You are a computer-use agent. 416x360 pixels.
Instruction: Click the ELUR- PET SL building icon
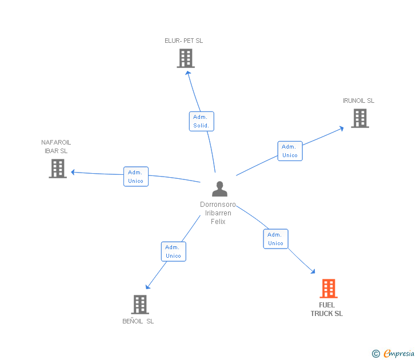coord(186,58)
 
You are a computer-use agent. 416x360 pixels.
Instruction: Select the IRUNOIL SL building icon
coord(360,118)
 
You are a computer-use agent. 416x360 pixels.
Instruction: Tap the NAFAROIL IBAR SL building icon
coord(58,169)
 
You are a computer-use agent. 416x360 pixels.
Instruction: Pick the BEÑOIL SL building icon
coord(140,305)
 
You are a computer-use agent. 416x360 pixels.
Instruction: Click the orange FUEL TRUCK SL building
coord(329,289)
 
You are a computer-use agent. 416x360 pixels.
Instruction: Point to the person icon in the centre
coord(219,189)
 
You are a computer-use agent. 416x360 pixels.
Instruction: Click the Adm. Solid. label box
coord(201,121)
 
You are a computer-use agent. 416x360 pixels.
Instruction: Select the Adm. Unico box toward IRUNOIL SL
coord(290,151)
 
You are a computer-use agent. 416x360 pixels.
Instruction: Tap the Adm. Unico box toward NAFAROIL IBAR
coord(136,177)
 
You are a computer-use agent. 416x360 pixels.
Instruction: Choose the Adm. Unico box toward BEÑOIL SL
coord(174,251)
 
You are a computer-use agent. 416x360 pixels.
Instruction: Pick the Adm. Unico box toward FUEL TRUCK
coord(275,239)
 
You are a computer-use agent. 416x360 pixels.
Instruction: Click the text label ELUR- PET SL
coord(183,41)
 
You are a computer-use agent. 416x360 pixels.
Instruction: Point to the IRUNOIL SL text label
coord(358,101)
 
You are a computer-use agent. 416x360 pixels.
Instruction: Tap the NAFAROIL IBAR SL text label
coord(56,146)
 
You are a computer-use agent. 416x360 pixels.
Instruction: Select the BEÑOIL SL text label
coord(138,321)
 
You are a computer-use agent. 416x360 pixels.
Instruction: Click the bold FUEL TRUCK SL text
coord(327,309)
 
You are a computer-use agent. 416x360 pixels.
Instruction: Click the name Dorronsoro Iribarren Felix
coord(218,213)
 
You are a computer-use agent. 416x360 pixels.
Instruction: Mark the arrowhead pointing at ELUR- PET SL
coord(188,73)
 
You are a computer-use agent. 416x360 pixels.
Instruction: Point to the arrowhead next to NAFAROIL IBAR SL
coord(73,172)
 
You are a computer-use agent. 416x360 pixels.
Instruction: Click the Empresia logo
coord(393,353)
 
